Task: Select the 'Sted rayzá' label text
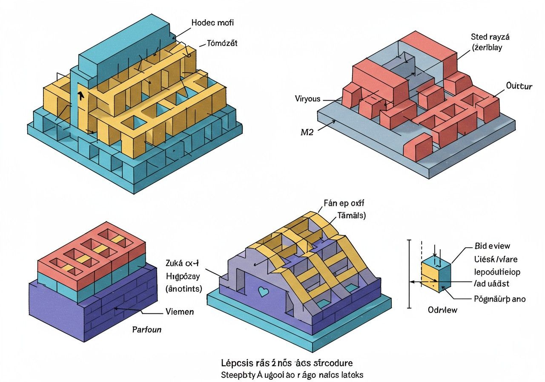click(x=490, y=37)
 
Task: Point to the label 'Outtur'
click(x=519, y=86)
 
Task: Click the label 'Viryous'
click(x=307, y=99)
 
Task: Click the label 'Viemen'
click(x=179, y=312)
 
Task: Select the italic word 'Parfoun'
click(x=146, y=330)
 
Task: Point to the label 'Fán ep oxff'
click(x=341, y=203)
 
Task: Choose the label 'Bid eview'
click(x=492, y=246)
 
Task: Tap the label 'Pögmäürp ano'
click(x=499, y=299)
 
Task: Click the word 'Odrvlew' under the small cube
click(x=442, y=310)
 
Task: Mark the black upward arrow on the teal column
click(x=80, y=95)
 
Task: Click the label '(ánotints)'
click(x=184, y=289)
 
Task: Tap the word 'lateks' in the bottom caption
click(x=352, y=375)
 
